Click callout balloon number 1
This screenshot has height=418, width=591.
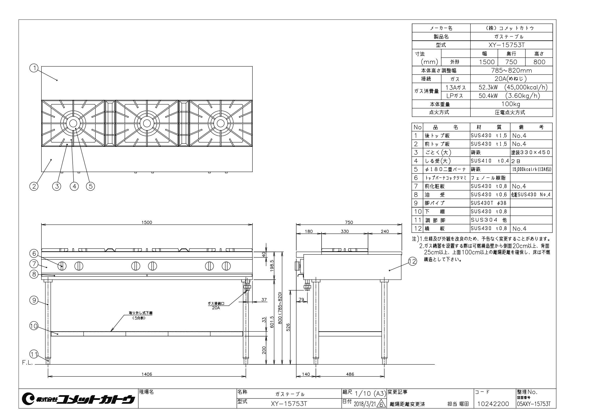pyautogui.click(x=34, y=68)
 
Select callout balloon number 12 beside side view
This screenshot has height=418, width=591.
pyautogui.click(x=412, y=262)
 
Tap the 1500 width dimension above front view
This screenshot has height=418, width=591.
pyautogui.click(x=147, y=223)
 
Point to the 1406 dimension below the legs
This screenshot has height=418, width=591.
pyautogui.click(x=147, y=374)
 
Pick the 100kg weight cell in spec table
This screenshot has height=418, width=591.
pyautogui.click(x=511, y=104)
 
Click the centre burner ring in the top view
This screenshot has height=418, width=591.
pyautogui.click(x=147, y=123)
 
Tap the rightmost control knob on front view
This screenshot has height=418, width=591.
pyautogui.click(x=226, y=266)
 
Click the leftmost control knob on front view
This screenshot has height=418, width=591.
pyautogui.click(x=62, y=266)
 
